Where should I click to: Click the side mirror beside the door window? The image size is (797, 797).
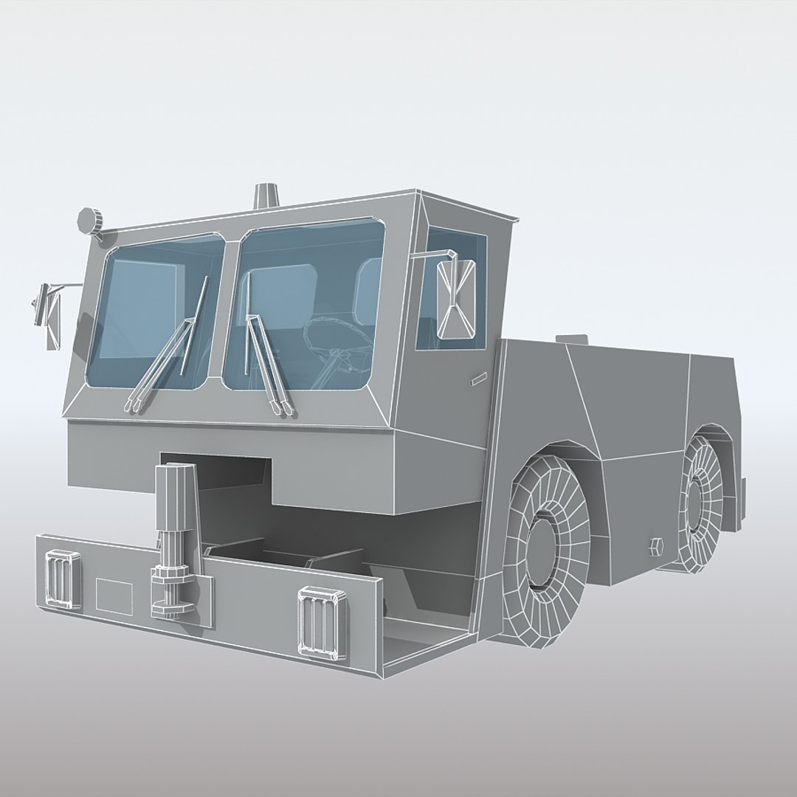[455, 297]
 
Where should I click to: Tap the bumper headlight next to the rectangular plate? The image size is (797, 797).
[63, 579]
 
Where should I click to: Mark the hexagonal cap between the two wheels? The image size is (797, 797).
[655, 547]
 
